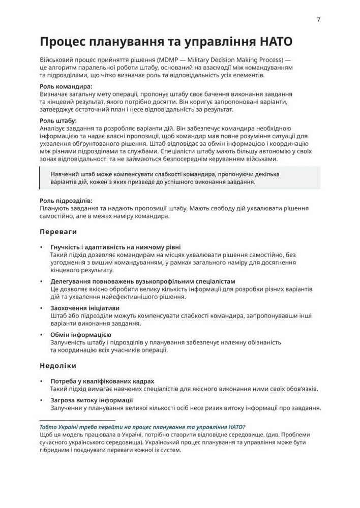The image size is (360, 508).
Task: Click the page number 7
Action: click(x=318, y=20)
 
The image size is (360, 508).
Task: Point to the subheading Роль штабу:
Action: click(x=58, y=121)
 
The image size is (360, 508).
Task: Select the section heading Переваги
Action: click(x=58, y=232)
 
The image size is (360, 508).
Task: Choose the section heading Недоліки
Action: click(x=58, y=365)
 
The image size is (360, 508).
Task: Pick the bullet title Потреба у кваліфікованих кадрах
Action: click(x=102, y=381)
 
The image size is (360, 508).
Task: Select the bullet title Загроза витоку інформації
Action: click(x=92, y=400)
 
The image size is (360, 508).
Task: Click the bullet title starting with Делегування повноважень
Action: click(x=143, y=281)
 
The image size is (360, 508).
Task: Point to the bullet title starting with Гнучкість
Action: click(x=115, y=246)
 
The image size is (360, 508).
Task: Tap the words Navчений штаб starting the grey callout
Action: click(x=72, y=174)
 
